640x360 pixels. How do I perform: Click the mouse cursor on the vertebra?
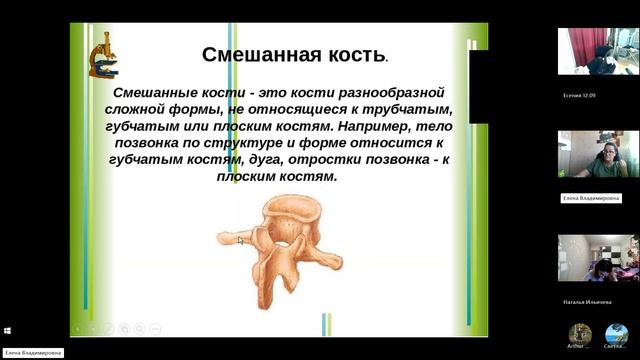[x=240, y=239]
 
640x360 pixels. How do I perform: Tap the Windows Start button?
[x=7, y=330]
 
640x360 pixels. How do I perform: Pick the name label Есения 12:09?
[x=580, y=96]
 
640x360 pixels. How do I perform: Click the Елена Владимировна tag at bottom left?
[x=32, y=352]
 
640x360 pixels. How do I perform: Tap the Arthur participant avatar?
[x=580, y=334]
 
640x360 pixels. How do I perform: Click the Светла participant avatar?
[x=617, y=334]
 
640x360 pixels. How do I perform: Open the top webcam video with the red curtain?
[x=598, y=52]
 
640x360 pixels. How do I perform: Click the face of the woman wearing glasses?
[x=607, y=154]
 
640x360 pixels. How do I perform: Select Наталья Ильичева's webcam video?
[x=598, y=258]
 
